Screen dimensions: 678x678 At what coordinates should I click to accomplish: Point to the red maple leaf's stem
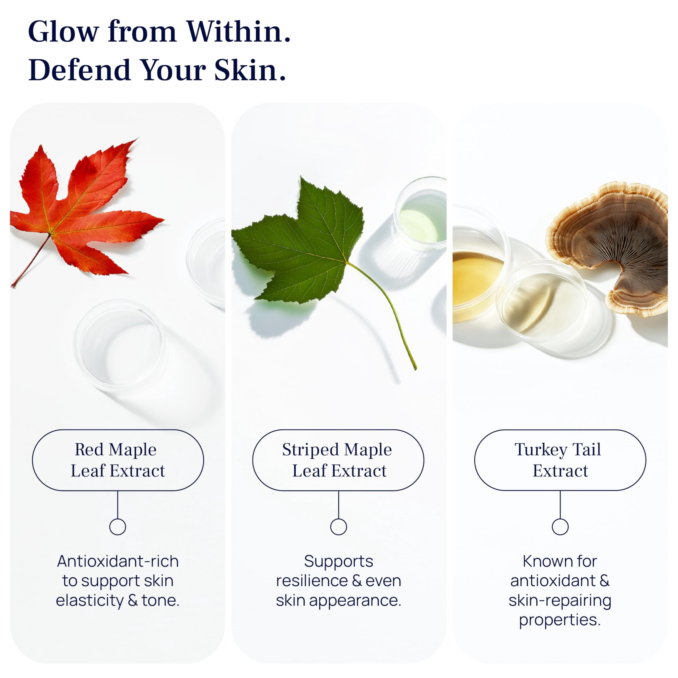[31, 261]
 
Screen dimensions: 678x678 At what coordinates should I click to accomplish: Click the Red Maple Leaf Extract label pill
[118, 460]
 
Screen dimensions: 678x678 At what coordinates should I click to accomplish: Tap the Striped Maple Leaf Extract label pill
[338, 460]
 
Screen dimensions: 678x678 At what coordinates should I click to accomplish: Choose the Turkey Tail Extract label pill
[560, 460]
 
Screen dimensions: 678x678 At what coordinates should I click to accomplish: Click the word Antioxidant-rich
[118, 561]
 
